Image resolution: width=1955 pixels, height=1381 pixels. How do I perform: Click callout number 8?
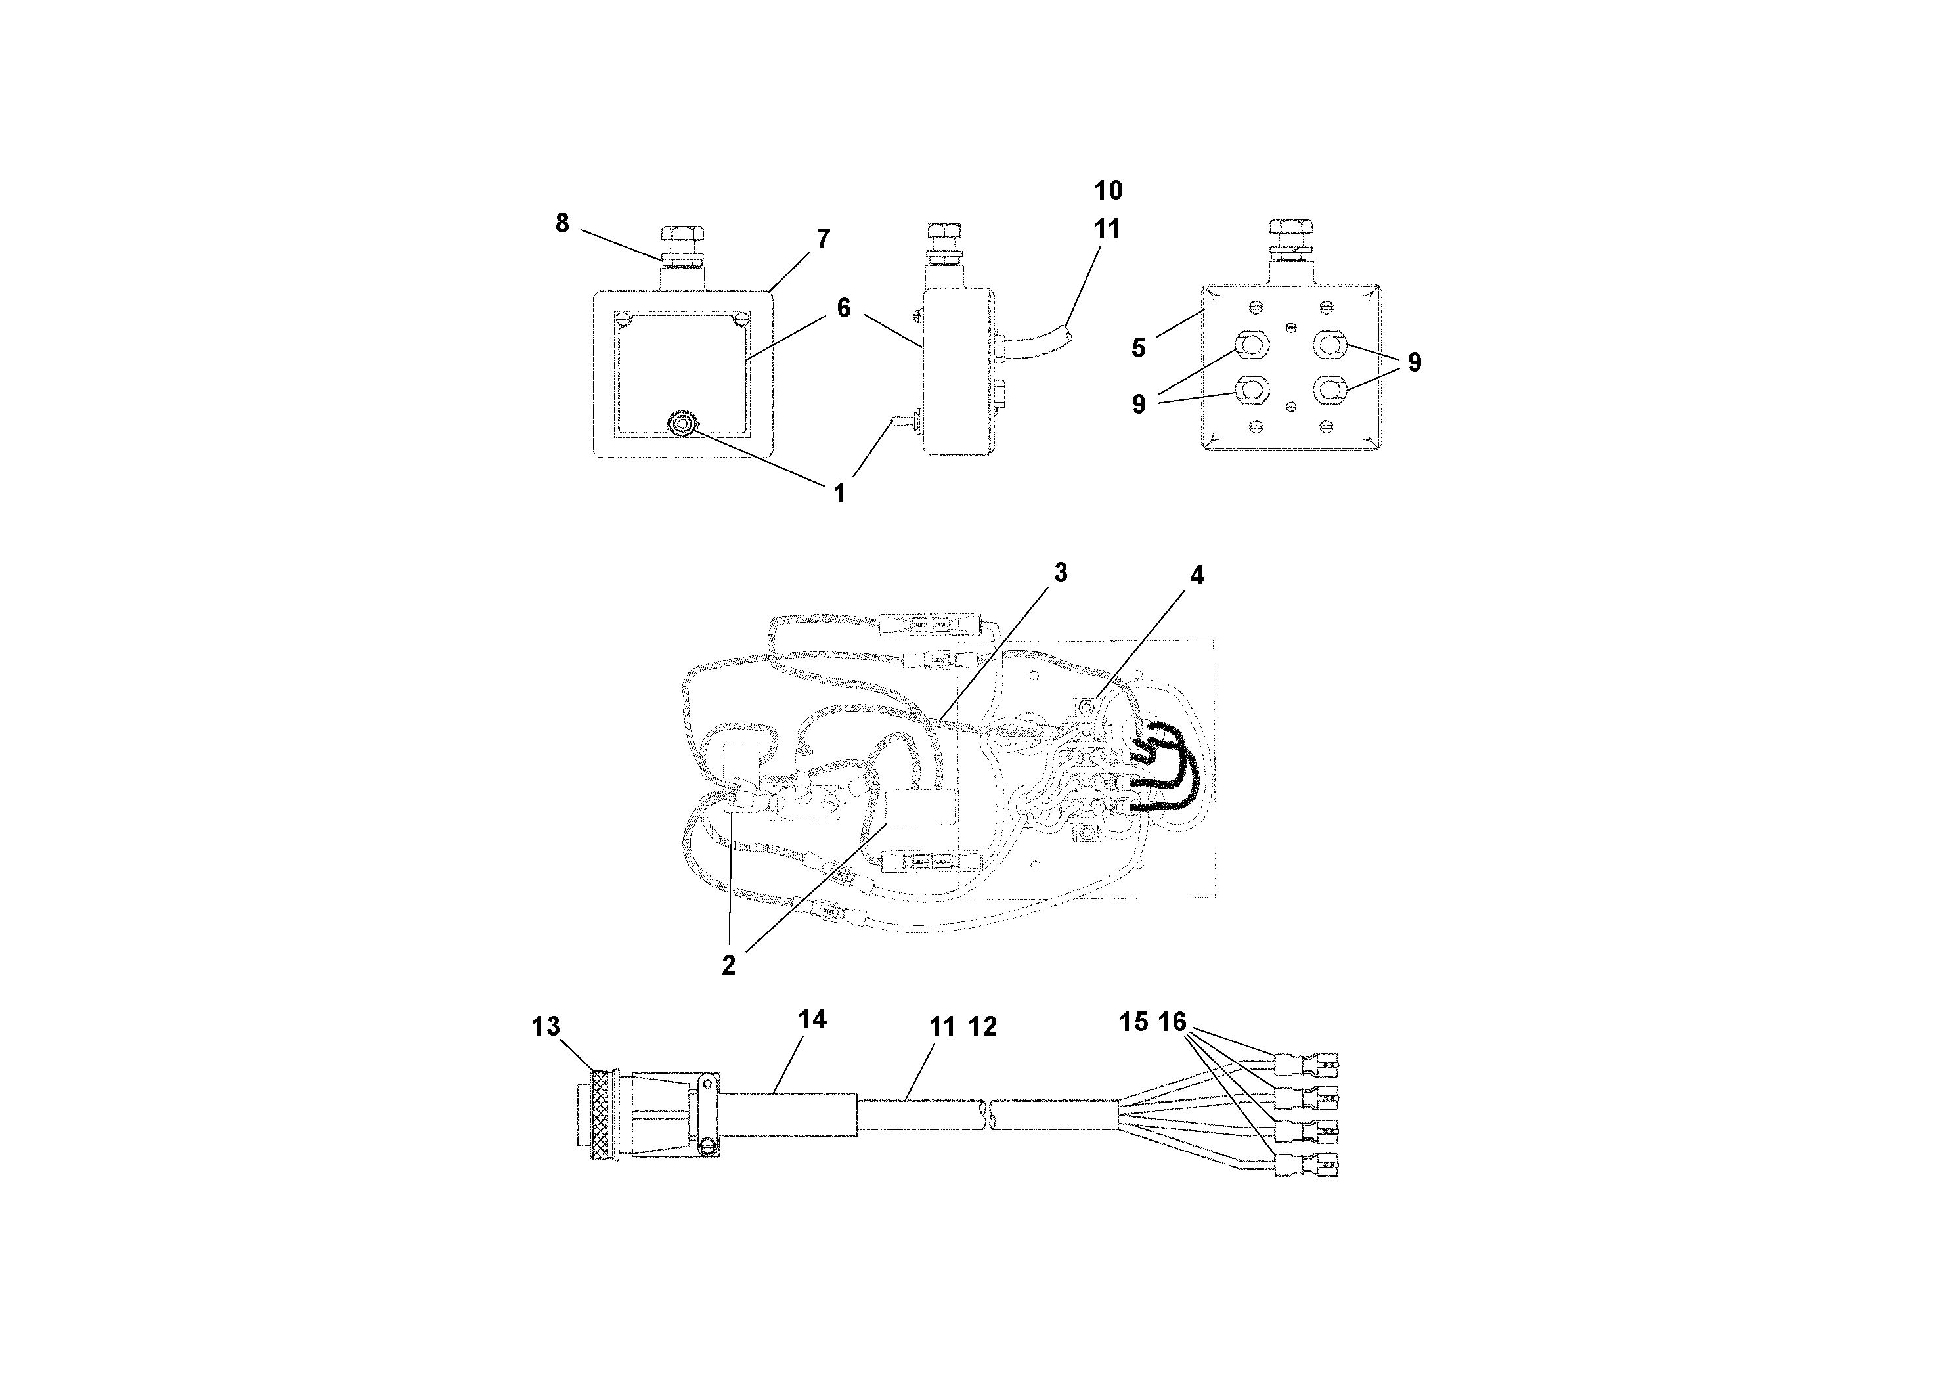click(x=562, y=223)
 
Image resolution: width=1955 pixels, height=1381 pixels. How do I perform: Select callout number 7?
click(x=823, y=239)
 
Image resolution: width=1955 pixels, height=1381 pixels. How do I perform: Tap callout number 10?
click(x=1108, y=190)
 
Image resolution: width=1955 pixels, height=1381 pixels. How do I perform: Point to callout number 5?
click(x=1139, y=347)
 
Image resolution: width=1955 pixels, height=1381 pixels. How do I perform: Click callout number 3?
click(x=1060, y=573)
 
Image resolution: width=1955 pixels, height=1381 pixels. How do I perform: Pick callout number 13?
click(x=546, y=1027)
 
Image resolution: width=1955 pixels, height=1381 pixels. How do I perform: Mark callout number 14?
click(x=812, y=1019)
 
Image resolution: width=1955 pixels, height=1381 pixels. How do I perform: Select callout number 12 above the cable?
click(x=982, y=1027)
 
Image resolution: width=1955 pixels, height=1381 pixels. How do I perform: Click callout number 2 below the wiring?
click(x=729, y=965)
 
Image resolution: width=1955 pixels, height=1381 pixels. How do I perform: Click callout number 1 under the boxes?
click(x=839, y=493)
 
